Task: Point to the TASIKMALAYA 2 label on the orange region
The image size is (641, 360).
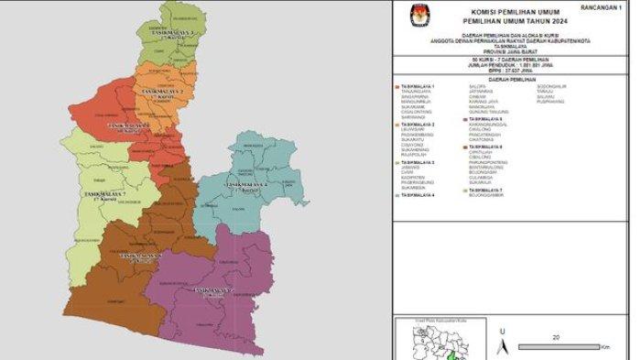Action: [x=162, y=93]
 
